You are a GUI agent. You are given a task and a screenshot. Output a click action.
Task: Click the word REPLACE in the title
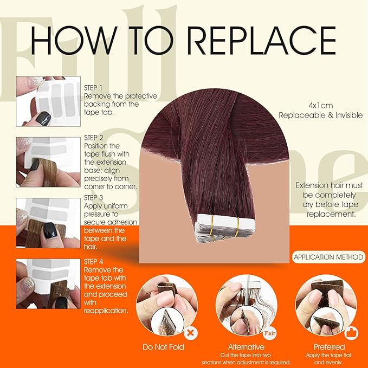point(262,40)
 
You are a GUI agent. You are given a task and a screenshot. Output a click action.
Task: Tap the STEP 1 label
point(93,88)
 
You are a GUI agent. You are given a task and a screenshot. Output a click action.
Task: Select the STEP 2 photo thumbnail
point(48,162)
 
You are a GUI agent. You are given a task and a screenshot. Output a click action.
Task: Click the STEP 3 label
point(93,198)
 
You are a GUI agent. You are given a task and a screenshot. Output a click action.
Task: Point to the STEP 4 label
point(93,262)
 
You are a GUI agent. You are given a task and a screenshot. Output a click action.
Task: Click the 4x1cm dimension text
point(321,106)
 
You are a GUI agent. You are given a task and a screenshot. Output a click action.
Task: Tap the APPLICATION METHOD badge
point(328,257)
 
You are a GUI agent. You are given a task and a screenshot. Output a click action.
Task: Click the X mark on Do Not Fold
point(191,333)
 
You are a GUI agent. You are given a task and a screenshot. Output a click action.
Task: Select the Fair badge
point(270,333)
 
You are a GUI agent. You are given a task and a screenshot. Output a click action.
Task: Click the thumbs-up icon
point(351,333)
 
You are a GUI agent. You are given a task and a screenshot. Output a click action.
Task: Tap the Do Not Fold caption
point(163,347)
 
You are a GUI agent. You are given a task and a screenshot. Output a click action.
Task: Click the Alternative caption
point(246,347)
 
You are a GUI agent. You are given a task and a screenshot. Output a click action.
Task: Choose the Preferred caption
point(330,347)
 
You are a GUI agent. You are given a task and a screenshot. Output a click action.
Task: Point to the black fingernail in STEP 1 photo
point(43,119)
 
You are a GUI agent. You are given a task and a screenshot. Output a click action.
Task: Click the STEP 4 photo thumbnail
point(48,284)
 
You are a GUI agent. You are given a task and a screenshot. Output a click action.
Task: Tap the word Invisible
point(349,115)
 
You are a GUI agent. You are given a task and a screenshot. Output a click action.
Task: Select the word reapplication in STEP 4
point(106,311)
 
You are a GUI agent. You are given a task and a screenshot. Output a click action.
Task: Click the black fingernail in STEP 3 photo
point(50,230)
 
